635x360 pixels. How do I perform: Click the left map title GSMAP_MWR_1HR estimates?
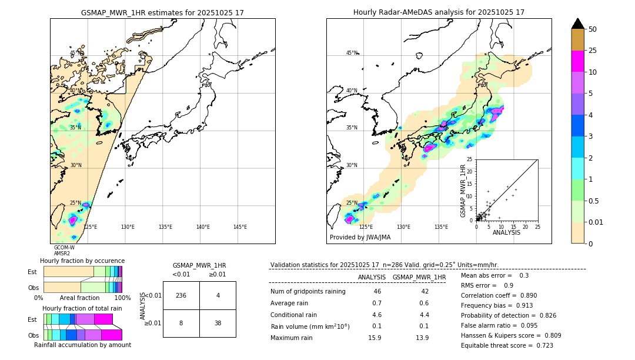click(162, 12)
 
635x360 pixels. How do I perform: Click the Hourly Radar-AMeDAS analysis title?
click(439, 12)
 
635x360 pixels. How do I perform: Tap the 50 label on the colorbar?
click(593, 29)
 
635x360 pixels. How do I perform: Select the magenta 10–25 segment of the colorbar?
click(578, 61)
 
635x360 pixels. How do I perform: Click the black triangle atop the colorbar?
click(578, 24)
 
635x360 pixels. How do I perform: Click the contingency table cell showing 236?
click(181, 295)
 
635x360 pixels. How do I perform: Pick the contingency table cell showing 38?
click(218, 323)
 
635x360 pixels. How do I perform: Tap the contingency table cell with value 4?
click(218, 295)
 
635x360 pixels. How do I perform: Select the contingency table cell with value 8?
click(181, 323)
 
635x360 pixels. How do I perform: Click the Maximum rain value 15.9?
click(374, 338)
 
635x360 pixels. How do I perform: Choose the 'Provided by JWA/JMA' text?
click(360, 238)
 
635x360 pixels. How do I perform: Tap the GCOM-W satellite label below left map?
click(64, 248)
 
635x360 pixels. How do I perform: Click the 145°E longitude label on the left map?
click(240, 227)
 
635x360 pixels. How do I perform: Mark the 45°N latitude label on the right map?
click(352, 53)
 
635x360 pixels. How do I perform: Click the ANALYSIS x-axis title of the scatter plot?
click(506, 232)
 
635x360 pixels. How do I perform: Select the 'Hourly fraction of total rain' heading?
click(82, 308)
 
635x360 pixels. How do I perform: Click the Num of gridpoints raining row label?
click(308, 292)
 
